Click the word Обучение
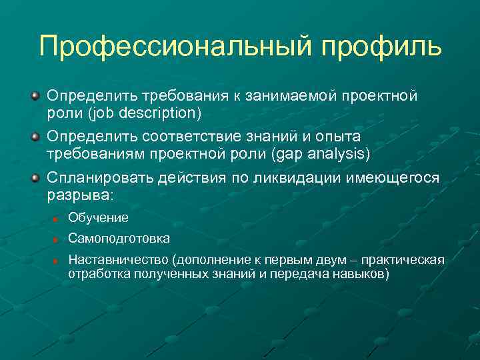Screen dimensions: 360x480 coord(98,218)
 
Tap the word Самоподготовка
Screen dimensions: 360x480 coord(119,238)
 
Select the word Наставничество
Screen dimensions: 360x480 coord(119,259)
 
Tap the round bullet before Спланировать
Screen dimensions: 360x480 coord(35,179)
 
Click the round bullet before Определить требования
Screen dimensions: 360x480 coord(35,96)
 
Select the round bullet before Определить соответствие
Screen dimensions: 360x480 coord(35,137)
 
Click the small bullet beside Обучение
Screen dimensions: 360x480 coord(58,219)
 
